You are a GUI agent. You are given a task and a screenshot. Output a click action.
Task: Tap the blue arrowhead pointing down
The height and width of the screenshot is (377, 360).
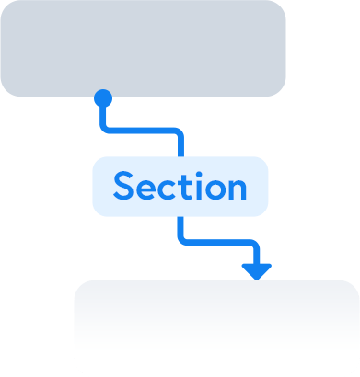click(x=256, y=270)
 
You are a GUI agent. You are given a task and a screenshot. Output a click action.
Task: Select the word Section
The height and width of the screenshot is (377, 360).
click(x=180, y=187)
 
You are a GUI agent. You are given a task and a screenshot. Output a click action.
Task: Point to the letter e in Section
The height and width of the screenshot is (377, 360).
click(x=148, y=189)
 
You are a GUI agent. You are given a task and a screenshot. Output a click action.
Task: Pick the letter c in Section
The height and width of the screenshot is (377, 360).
click(x=169, y=189)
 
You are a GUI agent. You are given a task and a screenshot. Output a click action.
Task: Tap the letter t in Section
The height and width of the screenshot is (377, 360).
click(x=185, y=188)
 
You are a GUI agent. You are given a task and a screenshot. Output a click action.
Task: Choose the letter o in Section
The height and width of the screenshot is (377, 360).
click(x=214, y=189)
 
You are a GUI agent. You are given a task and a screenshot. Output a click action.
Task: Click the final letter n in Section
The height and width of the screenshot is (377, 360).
click(x=237, y=189)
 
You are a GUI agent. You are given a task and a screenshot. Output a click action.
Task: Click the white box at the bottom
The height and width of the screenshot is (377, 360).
click(x=216, y=327)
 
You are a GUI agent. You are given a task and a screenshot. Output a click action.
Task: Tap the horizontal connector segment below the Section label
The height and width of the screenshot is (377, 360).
click(x=217, y=243)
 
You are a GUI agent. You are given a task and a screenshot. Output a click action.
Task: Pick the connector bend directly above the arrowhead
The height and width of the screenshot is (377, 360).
click(x=255, y=245)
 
